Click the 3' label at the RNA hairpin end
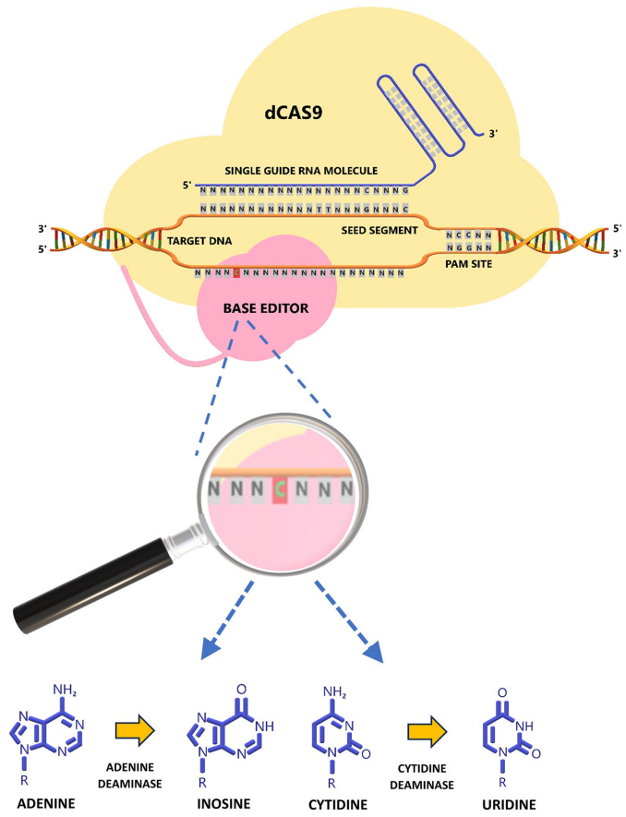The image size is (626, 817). (x=496, y=133)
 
